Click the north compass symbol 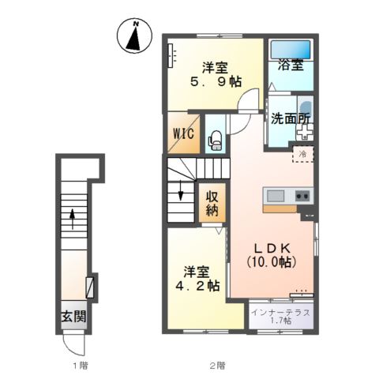pyautogui.click(x=134, y=36)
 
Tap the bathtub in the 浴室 pyautogui.click(x=291, y=50)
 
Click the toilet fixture pyautogui.click(x=216, y=141)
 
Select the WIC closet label pyautogui.click(x=184, y=133)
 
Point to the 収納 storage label pyautogui.click(x=212, y=203)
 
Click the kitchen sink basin pyautogui.click(x=276, y=196)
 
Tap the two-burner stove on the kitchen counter pyautogui.click(x=302, y=196)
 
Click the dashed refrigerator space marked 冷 pyautogui.click(x=303, y=154)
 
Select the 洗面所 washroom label pyautogui.click(x=291, y=119)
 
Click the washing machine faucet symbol pyautogui.click(x=305, y=132)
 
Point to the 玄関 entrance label pyautogui.click(x=74, y=316)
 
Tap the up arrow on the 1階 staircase pyautogui.click(x=72, y=218)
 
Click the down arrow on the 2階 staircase pyautogui.click(x=181, y=190)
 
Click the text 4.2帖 pyautogui.click(x=197, y=285)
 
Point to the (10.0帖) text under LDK pyautogui.click(x=272, y=262)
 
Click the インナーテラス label pyautogui.click(x=280, y=313)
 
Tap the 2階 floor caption pyautogui.click(x=217, y=366)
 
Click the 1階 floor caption pyautogui.click(x=81, y=366)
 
